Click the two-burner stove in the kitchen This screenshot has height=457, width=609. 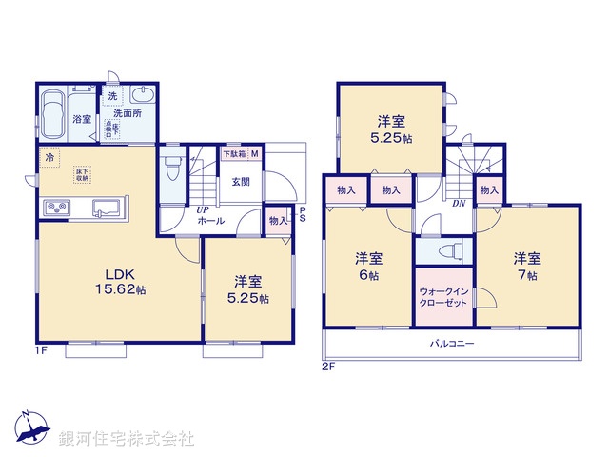click(x=54, y=208)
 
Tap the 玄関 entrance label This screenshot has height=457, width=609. click(x=238, y=183)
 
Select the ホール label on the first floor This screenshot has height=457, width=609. click(x=210, y=221)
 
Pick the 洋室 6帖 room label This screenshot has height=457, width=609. click(x=369, y=266)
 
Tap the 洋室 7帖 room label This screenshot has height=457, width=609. click(x=526, y=266)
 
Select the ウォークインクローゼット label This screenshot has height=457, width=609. click(x=442, y=296)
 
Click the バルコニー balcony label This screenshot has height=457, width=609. click(x=451, y=342)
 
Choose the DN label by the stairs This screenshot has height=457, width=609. click(x=458, y=203)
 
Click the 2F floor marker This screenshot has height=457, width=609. click(x=328, y=364)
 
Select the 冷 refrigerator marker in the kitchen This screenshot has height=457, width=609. click(x=48, y=156)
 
